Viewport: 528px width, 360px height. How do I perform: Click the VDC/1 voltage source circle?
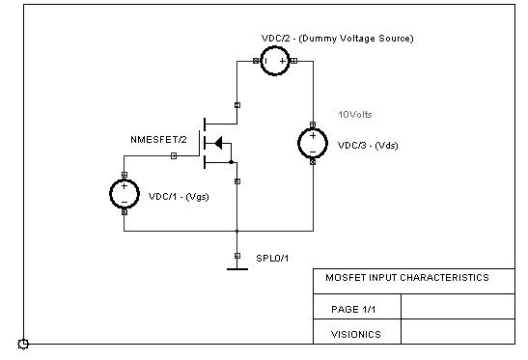pyautogui.click(x=125, y=193)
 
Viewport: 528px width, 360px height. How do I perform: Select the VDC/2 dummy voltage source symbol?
pyautogui.click(x=276, y=61)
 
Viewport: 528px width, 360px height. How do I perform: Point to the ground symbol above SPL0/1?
pyautogui.click(x=237, y=267)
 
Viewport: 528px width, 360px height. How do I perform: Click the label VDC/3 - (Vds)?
pyautogui.click(x=367, y=147)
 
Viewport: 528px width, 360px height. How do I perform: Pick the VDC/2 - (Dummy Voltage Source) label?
pyautogui.click(x=337, y=38)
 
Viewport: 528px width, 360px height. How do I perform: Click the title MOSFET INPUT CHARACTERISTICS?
pyautogui.click(x=406, y=278)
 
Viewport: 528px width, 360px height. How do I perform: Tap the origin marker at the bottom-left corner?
pyautogui.click(x=23, y=344)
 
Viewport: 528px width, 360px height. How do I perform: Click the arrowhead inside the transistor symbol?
pyautogui.click(x=217, y=143)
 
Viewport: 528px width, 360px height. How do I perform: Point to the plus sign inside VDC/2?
pyautogui.click(x=284, y=61)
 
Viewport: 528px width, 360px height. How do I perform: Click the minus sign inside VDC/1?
pyautogui.click(x=125, y=200)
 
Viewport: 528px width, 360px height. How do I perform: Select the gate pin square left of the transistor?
pyautogui.click(x=174, y=155)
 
